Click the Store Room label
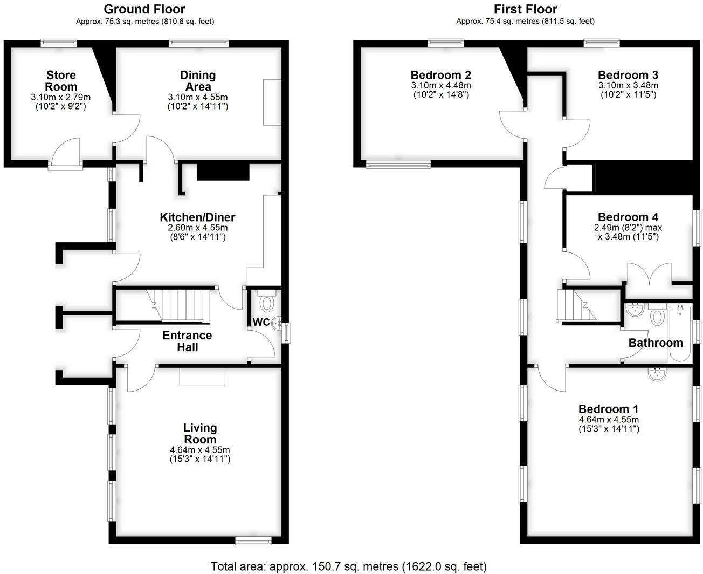(61, 81)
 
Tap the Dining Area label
(198, 81)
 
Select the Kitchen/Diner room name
(197, 217)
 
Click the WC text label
(261, 322)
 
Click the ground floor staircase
(177, 305)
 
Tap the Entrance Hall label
(187, 341)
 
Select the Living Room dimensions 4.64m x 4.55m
(200, 449)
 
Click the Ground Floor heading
(144, 9)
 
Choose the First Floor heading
(525, 9)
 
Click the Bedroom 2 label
(440, 75)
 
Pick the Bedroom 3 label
(628, 75)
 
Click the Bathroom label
(656, 343)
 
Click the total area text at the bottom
(348, 566)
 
